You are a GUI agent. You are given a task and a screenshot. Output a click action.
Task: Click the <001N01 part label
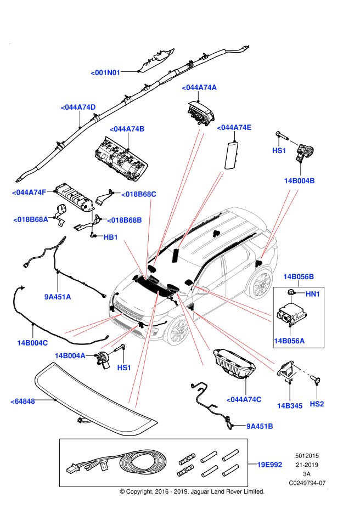[105, 73]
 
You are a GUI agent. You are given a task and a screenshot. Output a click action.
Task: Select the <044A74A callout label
[199, 88]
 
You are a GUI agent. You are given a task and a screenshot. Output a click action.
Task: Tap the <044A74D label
[78, 108]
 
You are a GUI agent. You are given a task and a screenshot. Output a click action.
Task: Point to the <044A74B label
[127, 129]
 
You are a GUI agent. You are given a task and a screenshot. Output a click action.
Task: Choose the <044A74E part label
[234, 128]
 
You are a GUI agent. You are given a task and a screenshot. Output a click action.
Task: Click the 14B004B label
[299, 181]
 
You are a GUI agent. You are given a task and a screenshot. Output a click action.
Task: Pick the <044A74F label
[29, 193]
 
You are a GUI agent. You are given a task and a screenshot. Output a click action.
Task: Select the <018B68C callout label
[138, 194]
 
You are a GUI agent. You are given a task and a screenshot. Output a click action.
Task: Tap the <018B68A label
[31, 220]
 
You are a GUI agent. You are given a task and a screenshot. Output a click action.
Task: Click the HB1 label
[111, 237]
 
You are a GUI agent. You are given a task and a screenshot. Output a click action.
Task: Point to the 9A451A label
[58, 297]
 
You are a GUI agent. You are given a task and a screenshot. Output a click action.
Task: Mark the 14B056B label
[299, 277]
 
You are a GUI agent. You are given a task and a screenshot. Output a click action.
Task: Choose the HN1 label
[313, 295]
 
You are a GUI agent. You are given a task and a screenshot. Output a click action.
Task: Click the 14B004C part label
[32, 343]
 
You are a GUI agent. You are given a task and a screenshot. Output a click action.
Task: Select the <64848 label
[22, 401]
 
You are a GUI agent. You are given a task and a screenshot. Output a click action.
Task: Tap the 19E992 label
[269, 465]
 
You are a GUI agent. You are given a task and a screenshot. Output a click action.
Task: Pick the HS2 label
[317, 404]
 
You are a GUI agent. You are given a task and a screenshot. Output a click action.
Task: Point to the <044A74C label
[244, 400]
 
